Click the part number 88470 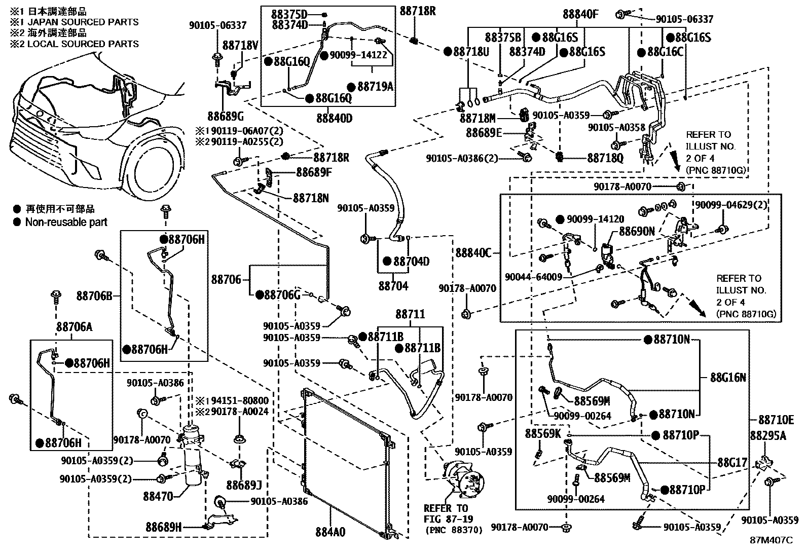(158, 497)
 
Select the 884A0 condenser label (330, 533)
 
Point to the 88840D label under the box (334, 118)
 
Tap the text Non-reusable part (66, 222)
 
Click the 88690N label (637, 231)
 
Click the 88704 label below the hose (393, 286)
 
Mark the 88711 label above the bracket (410, 315)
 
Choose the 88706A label (75, 327)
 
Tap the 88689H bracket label (164, 527)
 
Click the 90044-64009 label (533, 277)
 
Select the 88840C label (473, 253)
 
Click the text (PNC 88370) (453, 531)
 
